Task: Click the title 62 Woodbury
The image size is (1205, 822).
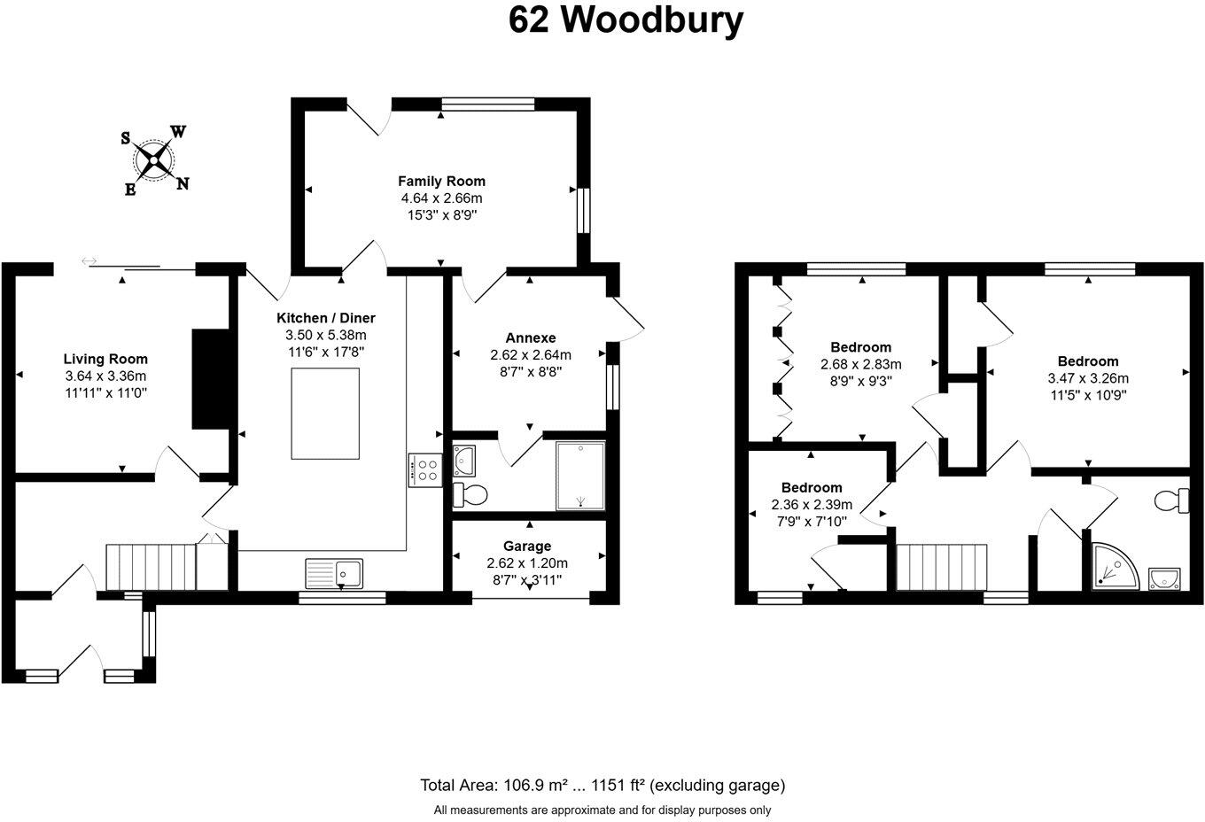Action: point(626,19)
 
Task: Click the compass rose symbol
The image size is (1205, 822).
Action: point(155,160)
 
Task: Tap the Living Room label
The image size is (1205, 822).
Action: point(105,359)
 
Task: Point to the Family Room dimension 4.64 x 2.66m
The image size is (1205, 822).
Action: point(439,198)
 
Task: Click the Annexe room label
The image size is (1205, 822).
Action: point(530,337)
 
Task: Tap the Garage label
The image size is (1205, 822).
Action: point(527,546)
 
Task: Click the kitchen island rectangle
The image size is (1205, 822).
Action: point(325,413)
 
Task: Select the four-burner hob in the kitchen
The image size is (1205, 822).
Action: point(424,469)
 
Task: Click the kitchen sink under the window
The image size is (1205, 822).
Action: point(333,573)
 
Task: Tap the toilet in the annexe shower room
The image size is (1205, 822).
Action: point(469,494)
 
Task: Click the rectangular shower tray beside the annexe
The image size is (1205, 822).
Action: point(580,476)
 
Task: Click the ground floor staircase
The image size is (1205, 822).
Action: point(150,567)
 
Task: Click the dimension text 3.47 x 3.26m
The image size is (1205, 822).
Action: point(1087,377)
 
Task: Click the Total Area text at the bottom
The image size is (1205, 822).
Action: point(602,785)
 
